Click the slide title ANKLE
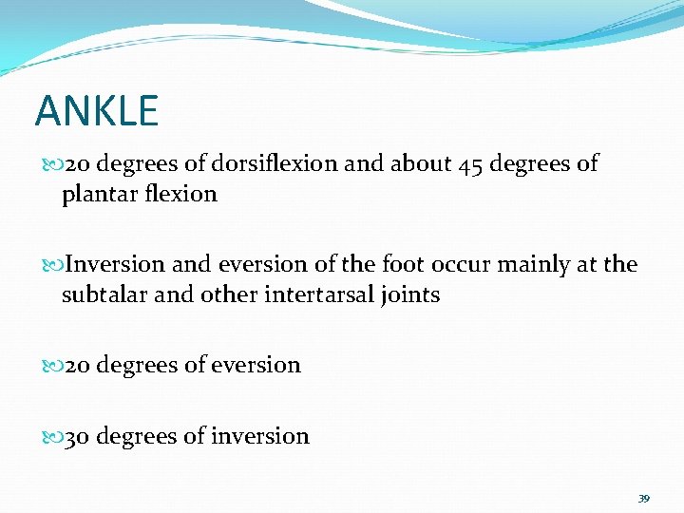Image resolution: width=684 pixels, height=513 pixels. (x=96, y=111)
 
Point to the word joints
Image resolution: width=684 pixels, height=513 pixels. (x=408, y=295)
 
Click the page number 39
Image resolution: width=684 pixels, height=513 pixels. (x=643, y=499)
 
